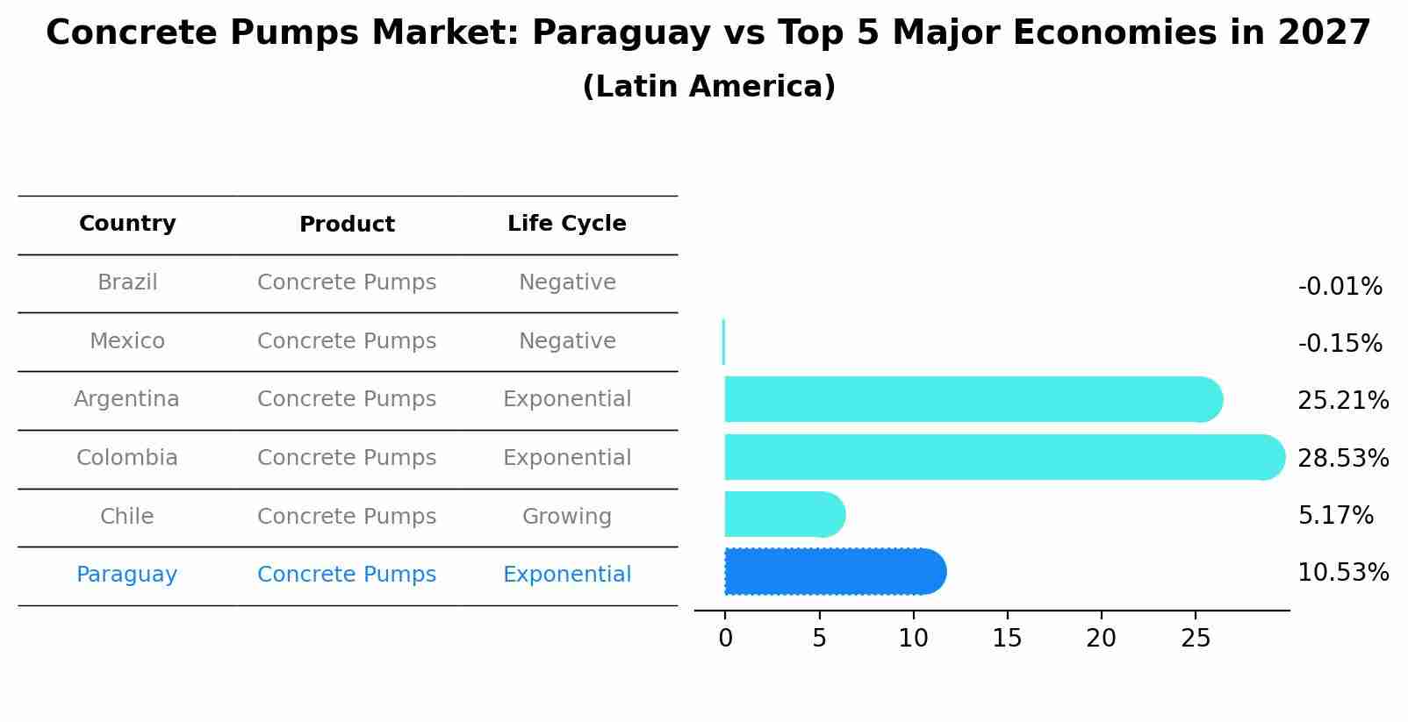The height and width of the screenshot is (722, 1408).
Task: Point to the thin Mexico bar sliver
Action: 723,342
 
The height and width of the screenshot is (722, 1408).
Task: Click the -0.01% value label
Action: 1340,287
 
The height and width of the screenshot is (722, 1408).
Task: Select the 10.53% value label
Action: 1343,573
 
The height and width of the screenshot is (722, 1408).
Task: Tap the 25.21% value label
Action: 1343,401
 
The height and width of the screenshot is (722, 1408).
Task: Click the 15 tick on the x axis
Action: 1007,639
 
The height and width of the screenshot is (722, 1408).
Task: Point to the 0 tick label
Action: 725,639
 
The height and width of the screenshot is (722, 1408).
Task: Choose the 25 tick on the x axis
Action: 1196,639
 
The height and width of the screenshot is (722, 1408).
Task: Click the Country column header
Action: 127,224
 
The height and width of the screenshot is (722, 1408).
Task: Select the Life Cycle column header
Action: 567,224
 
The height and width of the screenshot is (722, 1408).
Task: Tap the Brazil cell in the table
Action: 127,282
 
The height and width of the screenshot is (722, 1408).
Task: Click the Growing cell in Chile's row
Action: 567,517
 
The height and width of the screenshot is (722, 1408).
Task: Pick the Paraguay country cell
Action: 127,575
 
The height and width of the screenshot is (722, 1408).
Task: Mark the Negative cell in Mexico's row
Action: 567,341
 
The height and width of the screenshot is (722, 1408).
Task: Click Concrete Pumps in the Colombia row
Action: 347,458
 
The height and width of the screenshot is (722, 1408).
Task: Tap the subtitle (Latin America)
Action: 708,87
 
